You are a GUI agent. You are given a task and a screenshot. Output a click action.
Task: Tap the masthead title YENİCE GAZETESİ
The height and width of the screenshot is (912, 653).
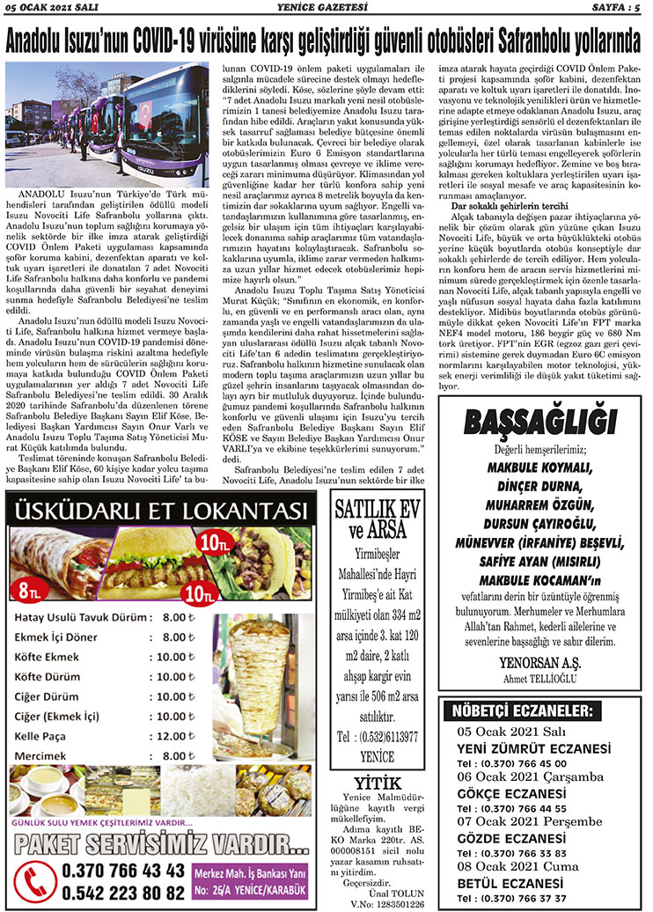click(x=326, y=9)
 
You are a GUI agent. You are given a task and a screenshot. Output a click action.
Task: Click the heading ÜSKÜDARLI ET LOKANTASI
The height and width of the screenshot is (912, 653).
click(x=162, y=511)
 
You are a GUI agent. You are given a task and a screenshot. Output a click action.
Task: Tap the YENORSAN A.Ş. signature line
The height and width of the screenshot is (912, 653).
click(x=539, y=661)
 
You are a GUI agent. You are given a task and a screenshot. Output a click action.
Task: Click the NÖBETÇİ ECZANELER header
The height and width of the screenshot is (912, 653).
click(x=522, y=710)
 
